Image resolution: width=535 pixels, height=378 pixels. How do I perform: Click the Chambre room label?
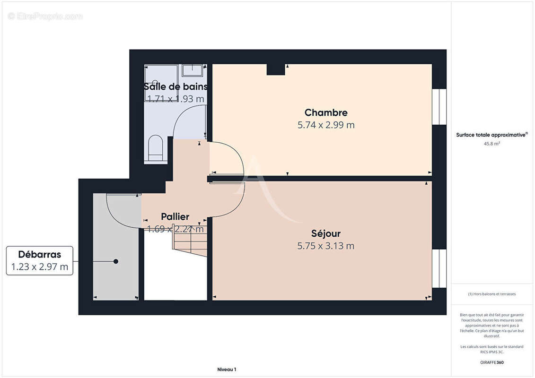(x=326, y=112)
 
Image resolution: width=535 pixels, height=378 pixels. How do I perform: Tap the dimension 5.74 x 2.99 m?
(x=326, y=125)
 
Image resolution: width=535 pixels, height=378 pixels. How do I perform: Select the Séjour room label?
(x=326, y=233)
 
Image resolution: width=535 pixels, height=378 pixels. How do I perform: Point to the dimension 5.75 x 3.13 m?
(x=326, y=246)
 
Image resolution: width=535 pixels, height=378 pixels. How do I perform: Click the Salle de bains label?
(x=175, y=86)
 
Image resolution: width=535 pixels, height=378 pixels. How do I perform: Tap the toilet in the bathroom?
(x=155, y=147)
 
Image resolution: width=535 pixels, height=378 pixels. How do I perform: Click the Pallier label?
(x=175, y=217)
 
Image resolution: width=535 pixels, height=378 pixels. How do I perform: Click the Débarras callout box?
(x=40, y=260)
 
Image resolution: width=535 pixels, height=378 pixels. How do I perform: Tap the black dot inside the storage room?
(x=115, y=261)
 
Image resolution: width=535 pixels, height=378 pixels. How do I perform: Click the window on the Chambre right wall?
(x=439, y=106)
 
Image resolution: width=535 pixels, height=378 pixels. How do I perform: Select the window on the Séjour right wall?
(x=439, y=268)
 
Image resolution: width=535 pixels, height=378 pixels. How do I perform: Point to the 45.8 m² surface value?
(x=491, y=144)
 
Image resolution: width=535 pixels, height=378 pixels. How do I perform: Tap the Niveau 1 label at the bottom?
(x=227, y=369)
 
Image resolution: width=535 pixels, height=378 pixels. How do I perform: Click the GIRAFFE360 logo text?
(x=491, y=362)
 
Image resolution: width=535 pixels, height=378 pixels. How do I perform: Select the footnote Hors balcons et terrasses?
(x=492, y=294)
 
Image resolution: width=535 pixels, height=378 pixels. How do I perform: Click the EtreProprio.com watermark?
(x=45, y=16)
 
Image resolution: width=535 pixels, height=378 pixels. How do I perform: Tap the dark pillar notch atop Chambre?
(x=276, y=69)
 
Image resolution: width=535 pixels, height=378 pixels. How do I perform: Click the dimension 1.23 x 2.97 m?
(x=40, y=267)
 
